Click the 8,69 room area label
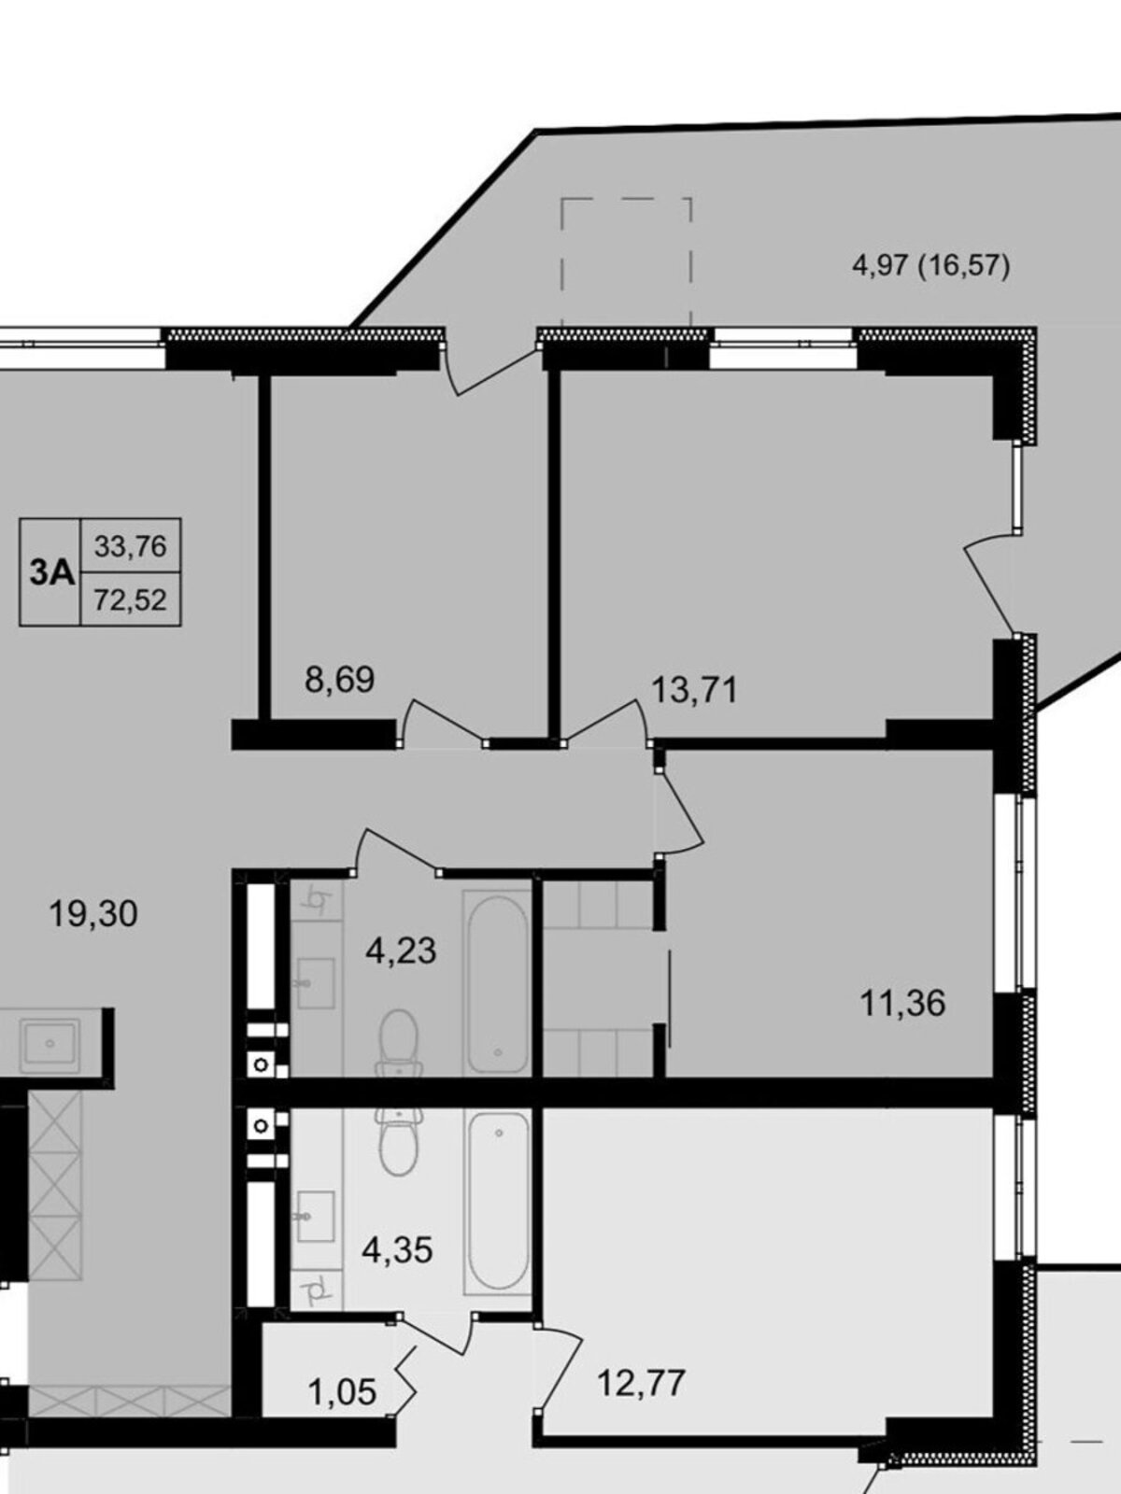[x=340, y=680]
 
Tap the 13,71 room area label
[x=694, y=690]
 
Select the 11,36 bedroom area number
[x=902, y=1003]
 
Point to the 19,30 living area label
[x=93, y=913]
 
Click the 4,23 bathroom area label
[x=401, y=951]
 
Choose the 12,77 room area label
[x=641, y=1382]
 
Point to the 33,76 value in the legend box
[x=130, y=546]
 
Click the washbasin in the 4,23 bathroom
[x=316, y=983]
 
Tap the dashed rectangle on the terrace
[x=626, y=262]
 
